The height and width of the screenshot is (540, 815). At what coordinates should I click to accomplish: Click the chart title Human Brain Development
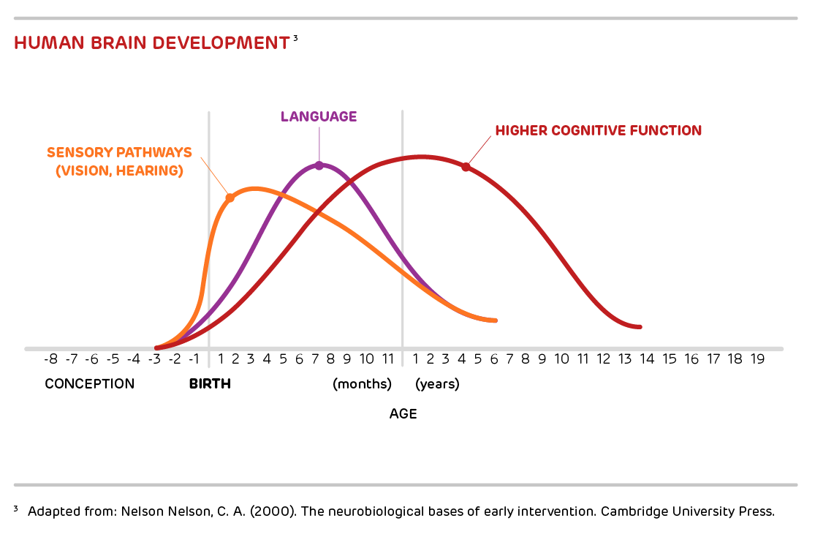tap(151, 42)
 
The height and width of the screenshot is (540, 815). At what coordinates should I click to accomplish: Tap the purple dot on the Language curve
tap(319, 165)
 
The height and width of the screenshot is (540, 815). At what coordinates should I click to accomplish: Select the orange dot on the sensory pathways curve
tap(230, 198)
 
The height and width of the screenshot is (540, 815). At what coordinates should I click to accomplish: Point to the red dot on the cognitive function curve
tap(466, 167)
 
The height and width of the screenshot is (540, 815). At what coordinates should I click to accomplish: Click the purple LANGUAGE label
tap(319, 116)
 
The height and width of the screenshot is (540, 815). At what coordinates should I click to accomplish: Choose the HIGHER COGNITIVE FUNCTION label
tap(598, 131)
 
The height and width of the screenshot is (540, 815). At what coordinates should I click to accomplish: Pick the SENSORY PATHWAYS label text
tap(119, 153)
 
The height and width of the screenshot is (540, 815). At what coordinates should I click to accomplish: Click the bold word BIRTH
tap(210, 384)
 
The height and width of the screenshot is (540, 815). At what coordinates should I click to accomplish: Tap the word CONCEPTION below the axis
tap(90, 384)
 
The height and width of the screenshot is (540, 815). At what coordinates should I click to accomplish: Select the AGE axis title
tap(403, 414)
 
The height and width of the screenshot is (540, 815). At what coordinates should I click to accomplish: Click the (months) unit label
tap(363, 384)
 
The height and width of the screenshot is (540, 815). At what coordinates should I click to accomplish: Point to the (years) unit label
tap(437, 384)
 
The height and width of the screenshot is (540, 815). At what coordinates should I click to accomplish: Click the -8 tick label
tap(50, 359)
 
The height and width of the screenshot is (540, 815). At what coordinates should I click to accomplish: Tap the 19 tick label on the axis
tap(757, 359)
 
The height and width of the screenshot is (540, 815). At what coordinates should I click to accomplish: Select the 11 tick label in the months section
tap(388, 359)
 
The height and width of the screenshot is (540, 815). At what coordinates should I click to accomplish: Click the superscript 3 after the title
tap(295, 37)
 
